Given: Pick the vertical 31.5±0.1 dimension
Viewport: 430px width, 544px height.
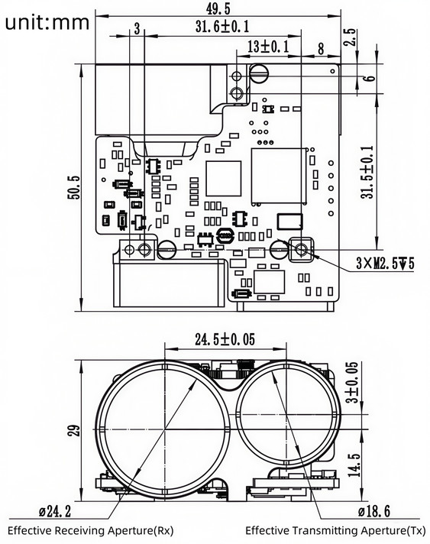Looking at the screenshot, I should click(368, 173).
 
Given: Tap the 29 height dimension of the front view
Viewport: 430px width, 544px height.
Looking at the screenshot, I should click(74, 431).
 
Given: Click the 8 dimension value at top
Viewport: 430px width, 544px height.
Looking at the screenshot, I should click(320, 47).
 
